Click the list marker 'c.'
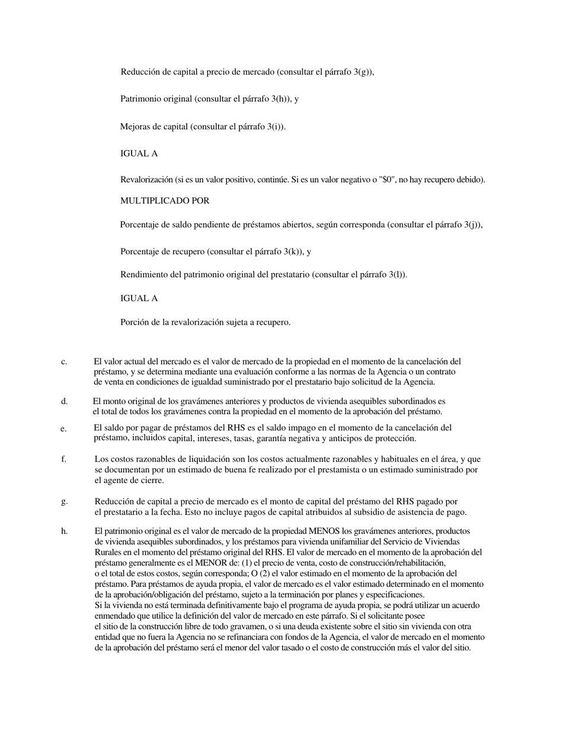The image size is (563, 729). coord(63,362)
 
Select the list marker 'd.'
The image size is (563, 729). coord(64,401)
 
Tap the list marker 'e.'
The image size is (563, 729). coord(63,429)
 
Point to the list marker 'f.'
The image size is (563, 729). coord(63,459)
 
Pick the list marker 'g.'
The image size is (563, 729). coord(64,501)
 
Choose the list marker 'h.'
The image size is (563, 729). coord(64,531)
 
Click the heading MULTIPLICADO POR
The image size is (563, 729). coord(165,201)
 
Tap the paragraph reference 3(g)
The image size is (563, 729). coord(362,72)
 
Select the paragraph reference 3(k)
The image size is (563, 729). coord(292,252)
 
